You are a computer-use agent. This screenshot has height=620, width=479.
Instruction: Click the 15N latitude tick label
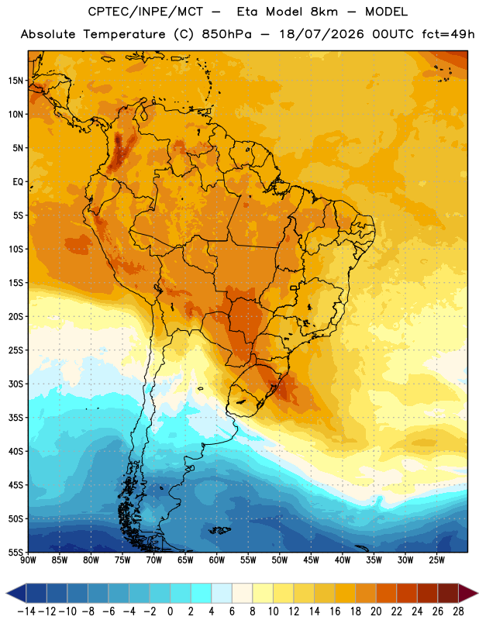point(16,81)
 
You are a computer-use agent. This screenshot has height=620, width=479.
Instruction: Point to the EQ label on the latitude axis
point(18,182)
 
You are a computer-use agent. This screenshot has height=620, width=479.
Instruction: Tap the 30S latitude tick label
point(16,384)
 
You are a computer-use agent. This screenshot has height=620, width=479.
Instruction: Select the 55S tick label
point(16,552)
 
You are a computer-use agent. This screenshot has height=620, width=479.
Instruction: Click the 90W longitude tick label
point(28,560)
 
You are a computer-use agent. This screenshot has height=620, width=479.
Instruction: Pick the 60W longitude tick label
point(217,560)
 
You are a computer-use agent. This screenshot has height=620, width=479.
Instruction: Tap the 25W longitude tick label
point(436,560)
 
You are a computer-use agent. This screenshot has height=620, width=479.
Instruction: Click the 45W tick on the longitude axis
point(311,560)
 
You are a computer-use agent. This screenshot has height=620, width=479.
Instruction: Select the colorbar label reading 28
point(458,611)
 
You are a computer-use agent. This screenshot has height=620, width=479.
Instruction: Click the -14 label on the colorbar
point(26,611)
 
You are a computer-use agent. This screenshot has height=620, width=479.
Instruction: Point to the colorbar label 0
point(171,611)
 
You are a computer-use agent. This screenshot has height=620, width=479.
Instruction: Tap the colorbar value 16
point(335,611)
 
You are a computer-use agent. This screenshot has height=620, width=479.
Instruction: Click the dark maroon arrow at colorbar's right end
point(467,593)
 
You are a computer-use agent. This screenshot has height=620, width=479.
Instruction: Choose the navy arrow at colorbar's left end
point(16,593)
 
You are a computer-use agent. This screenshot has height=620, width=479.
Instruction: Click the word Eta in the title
point(247,12)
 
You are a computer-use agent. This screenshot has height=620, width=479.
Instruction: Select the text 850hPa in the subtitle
point(226,34)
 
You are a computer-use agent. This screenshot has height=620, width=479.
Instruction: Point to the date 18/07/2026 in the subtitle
point(322,34)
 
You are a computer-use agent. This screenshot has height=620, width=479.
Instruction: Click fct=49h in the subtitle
point(448,34)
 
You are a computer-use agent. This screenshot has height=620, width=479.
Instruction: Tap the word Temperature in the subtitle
point(124,34)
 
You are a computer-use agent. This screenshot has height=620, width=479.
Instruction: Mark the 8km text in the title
point(324,12)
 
